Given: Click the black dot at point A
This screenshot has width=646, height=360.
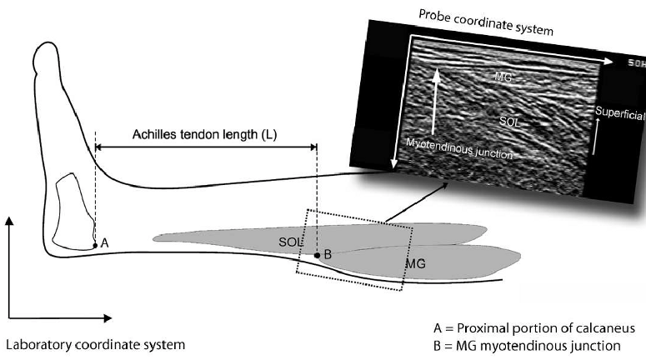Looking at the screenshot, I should click(x=94, y=246).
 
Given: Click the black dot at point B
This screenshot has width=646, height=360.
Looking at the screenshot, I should click(x=317, y=253).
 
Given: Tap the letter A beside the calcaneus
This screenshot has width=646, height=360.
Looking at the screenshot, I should click(x=104, y=242).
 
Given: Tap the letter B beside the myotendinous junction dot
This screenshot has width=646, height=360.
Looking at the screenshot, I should click(x=328, y=254).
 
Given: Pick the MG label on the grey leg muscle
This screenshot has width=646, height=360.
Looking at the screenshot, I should click(x=416, y=263).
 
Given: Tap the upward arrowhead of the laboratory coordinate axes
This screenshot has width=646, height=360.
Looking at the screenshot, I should click(x=9, y=220).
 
